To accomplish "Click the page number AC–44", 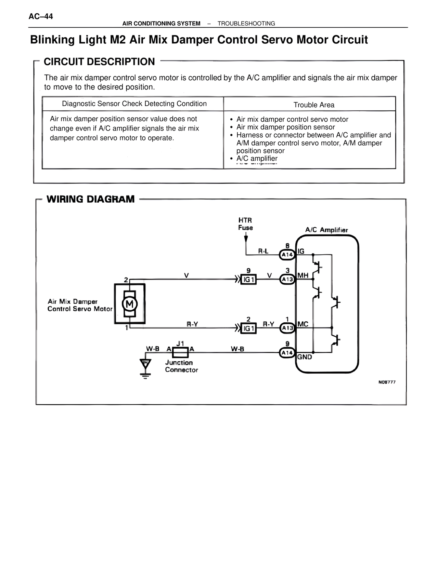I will point(41,16).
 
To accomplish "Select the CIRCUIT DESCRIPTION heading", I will point(99,62).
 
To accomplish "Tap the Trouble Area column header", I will point(314,105).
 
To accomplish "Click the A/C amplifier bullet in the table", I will point(257,158).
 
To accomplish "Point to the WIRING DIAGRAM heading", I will point(90,199).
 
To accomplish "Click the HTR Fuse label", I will point(245,224).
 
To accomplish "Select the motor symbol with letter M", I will point(130,304).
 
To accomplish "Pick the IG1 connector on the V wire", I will point(248,280).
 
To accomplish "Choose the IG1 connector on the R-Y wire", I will point(248,328).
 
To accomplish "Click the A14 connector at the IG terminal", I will point(287,255).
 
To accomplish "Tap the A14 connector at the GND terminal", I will point(287,353).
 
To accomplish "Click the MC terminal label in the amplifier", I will point(303,324).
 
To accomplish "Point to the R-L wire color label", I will point(263,251).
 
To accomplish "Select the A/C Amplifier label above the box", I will point(326,230).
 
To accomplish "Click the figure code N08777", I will point(387,382).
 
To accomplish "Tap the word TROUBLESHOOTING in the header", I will point(246,24).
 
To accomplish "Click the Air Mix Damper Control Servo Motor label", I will point(80,305).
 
